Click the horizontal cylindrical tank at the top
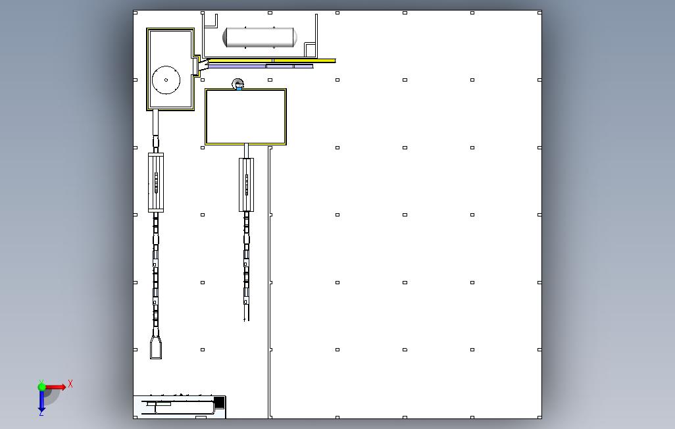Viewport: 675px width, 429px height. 260,38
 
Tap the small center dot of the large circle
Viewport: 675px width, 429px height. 166,80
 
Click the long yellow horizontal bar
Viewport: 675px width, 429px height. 270,61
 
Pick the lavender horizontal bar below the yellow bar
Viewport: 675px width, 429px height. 260,66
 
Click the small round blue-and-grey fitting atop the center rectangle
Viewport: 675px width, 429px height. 238,84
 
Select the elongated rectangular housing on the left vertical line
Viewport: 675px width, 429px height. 156,183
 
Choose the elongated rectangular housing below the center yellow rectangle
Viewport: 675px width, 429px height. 246,185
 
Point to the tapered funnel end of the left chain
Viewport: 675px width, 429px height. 156,347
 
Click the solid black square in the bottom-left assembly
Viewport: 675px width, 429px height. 219,402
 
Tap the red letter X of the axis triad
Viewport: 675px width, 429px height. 70,384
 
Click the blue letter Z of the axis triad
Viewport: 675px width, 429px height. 41,413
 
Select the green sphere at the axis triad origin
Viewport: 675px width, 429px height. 41,387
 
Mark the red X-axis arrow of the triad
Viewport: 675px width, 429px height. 55,387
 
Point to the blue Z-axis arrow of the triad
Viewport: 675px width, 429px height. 41,400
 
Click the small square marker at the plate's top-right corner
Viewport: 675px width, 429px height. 540,13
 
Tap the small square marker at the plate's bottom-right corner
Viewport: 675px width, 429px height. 540,417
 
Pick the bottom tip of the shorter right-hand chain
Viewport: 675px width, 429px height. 246,320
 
